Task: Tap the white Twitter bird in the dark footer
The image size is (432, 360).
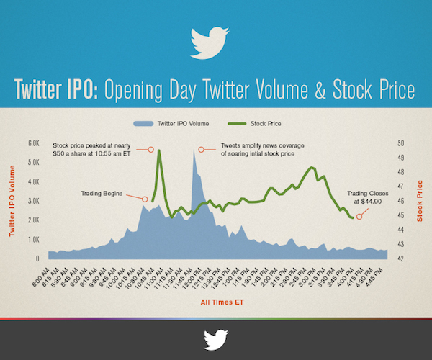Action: pos(215,339)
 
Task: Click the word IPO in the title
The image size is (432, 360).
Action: pos(77,90)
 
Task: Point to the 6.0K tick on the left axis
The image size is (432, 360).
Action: pos(33,143)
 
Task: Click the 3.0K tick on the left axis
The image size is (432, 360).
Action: pos(33,200)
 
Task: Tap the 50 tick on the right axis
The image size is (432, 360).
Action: pos(400,143)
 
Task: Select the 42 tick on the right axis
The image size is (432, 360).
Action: pos(400,258)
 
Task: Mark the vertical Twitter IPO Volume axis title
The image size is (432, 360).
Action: pos(12,199)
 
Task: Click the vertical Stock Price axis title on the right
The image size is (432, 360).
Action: pos(419,199)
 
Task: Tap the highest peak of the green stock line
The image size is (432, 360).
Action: pos(158,150)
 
